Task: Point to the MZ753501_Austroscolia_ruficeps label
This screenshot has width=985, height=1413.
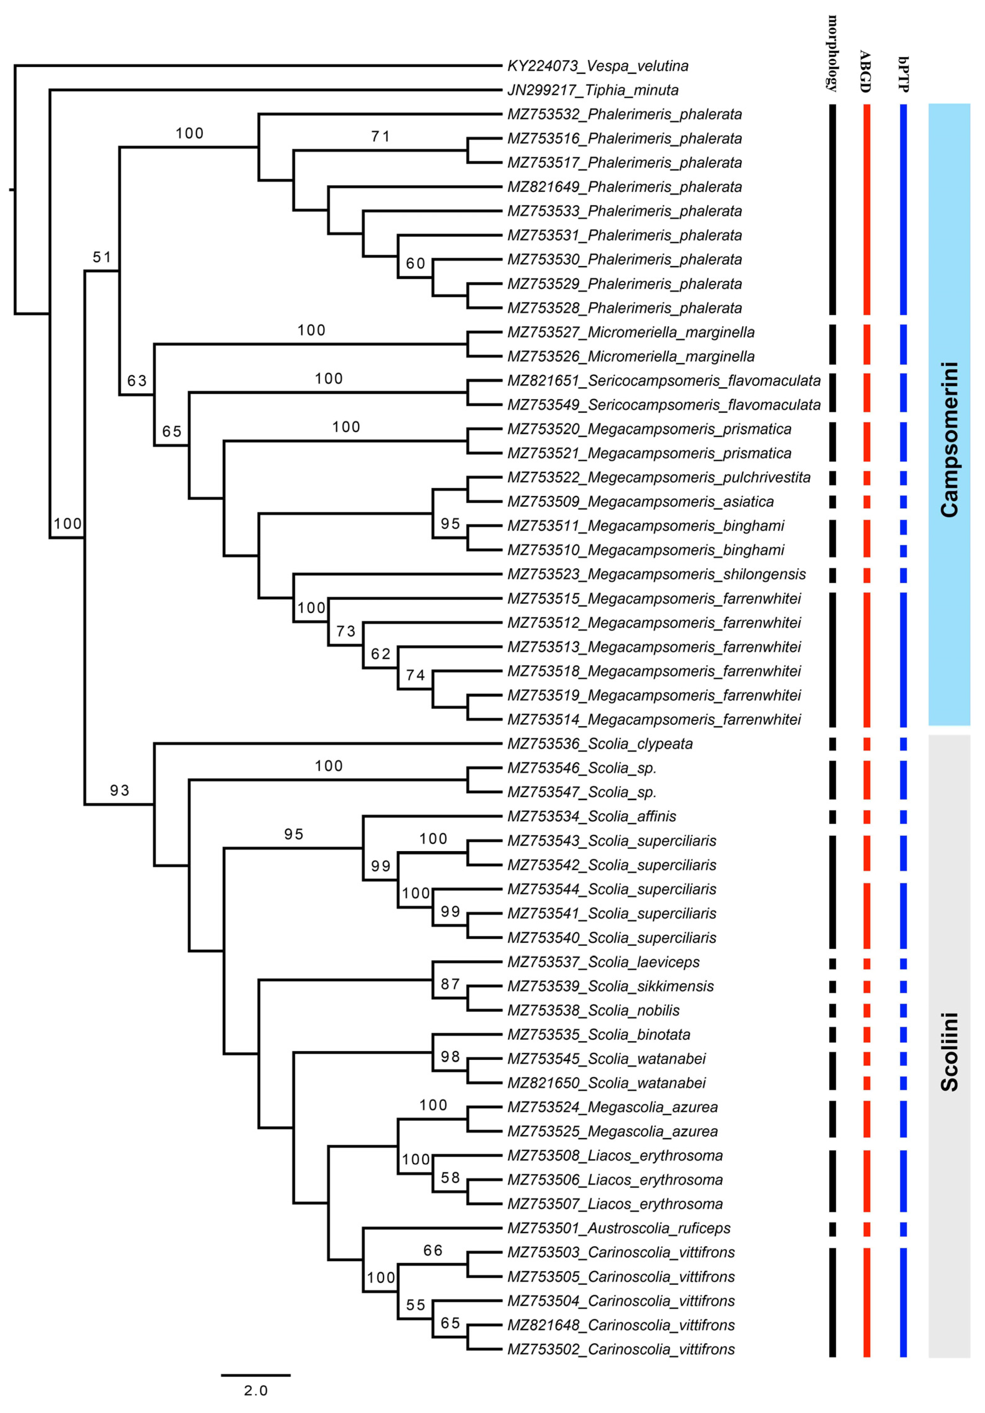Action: pyautogui.click(x=618, y=1228)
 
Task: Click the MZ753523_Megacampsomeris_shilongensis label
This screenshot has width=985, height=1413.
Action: pyautogui.click(x=656, y=574)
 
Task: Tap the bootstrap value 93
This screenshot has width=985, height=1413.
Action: pyautogui.click(x=119, y=790)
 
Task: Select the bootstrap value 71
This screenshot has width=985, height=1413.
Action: pyautogui.click(x=380, y=137)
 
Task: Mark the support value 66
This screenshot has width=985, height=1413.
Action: pyautogui.click(x=433, y=1251)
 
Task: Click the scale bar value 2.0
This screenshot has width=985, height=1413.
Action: pyautogui.click(x=255, y=1390)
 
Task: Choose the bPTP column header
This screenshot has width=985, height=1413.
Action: pyautogui.click(x=903, y=74)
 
